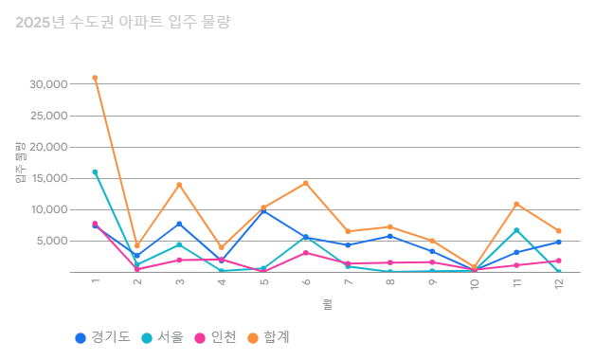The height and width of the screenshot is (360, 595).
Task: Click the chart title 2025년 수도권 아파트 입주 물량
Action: coord(122,22)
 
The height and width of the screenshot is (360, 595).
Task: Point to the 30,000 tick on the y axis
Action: coord(47,84)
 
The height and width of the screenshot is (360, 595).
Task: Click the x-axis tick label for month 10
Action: coord(474,284)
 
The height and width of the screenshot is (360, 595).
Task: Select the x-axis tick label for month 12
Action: coord(558,284)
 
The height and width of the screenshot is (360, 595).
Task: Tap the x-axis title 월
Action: coord(327,304)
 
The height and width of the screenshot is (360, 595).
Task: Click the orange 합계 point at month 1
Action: coord(95,78)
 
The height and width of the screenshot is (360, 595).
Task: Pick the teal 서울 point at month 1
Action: coord(95,172)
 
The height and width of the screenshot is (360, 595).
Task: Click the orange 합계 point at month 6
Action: coord(305,183)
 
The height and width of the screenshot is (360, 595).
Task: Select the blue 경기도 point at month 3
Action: coord(179,224)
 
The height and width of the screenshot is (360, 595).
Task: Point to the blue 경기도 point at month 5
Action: coord(263,210)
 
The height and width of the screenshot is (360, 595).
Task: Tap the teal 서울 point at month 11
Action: coord(516,230)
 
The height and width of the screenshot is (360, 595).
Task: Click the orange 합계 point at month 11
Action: coord(516,204)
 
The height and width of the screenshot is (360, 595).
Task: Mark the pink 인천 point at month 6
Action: coord(305,253)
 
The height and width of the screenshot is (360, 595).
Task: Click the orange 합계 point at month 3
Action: coord(179,185)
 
